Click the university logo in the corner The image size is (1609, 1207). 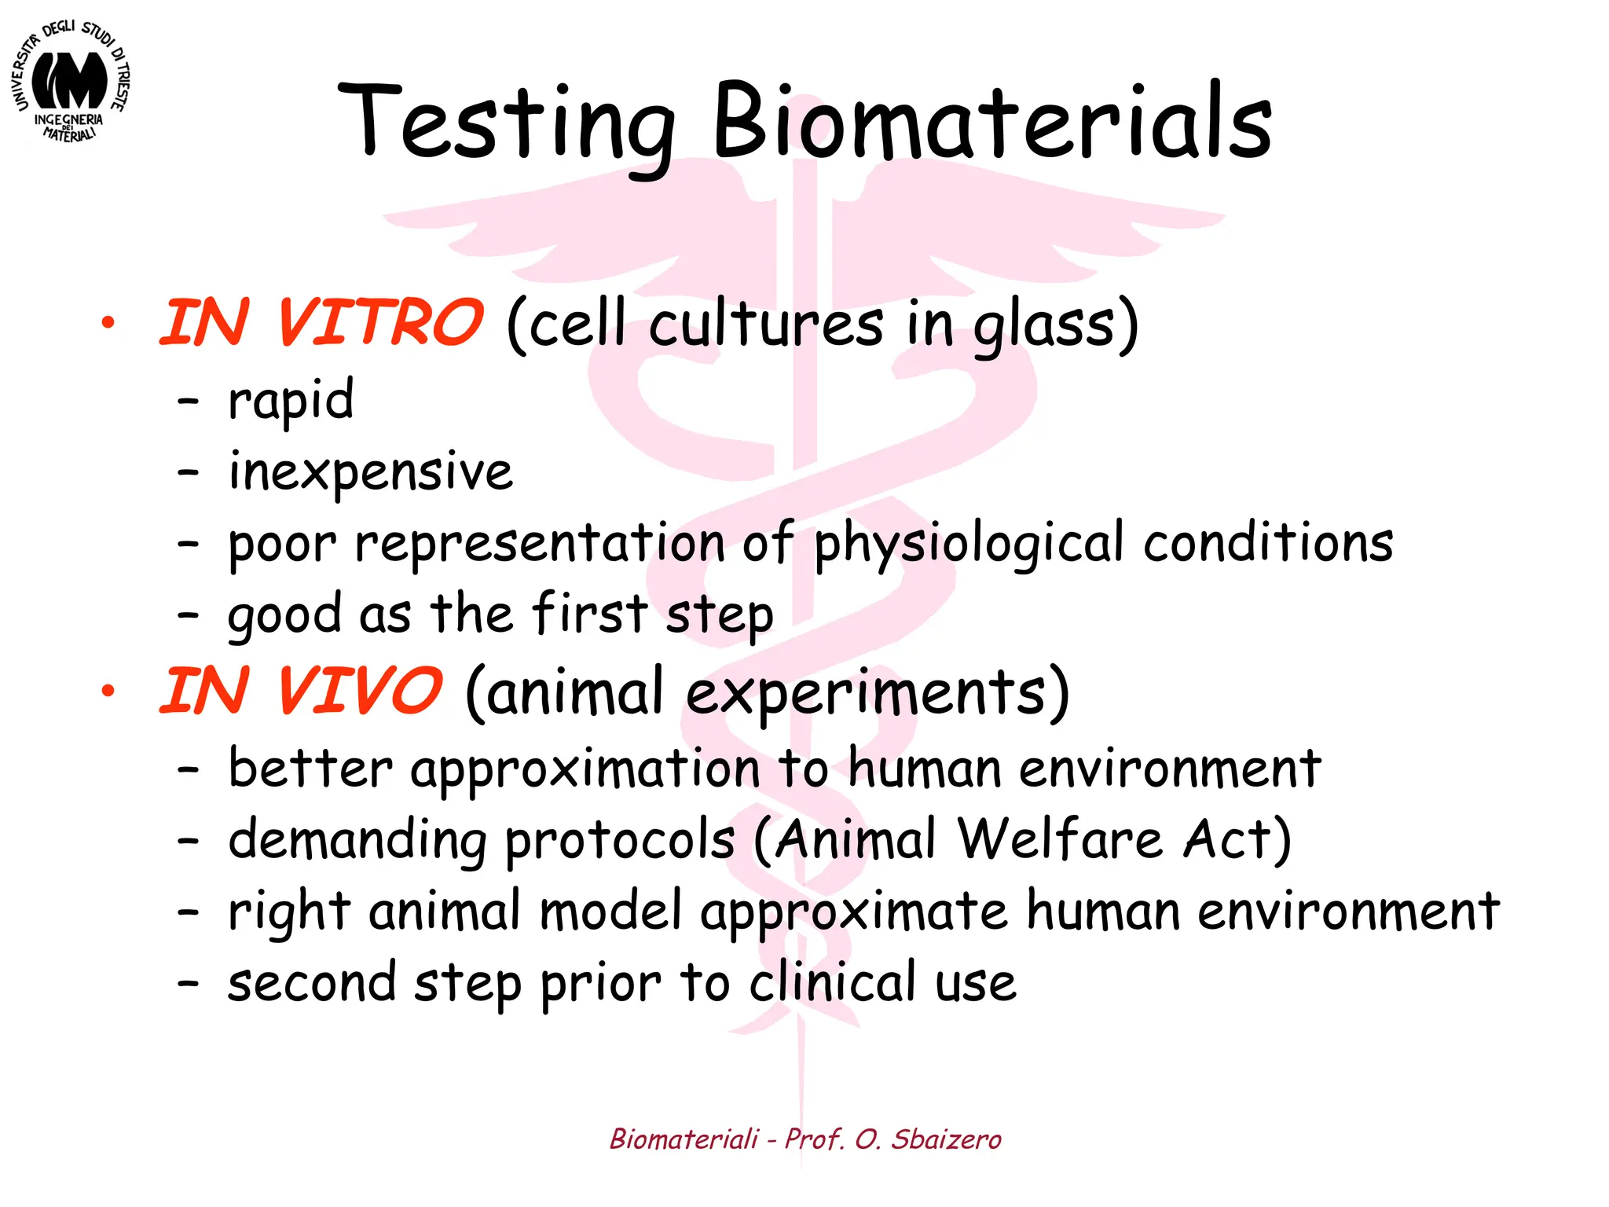point(71,82)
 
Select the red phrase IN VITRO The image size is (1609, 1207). point(321,323)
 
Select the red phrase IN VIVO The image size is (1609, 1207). point(301,691)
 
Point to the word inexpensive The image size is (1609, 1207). point(370,472)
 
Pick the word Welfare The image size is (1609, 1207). point(1061,838)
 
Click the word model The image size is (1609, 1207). point(610,911)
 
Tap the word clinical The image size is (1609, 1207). point(832,982)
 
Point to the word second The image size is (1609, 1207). point(311,982)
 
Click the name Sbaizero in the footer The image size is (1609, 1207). point(946,1139)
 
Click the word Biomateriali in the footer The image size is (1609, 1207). point(684,1139)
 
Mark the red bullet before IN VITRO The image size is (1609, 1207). point(108,323)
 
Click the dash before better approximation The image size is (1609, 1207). point(188,769)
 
